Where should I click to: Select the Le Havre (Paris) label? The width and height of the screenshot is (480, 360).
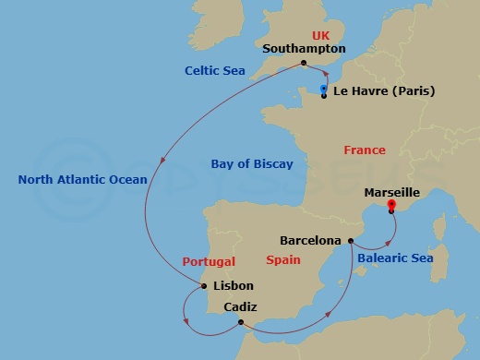tap(383, 91)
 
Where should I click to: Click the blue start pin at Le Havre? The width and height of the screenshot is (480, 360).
tap(323, 90)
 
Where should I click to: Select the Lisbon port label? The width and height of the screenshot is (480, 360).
tap(233, 286)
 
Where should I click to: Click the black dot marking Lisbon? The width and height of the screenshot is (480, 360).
tap(204, 286)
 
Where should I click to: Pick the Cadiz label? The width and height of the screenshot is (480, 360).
tap(240, 306)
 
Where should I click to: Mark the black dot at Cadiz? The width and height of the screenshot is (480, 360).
tap(240, 322)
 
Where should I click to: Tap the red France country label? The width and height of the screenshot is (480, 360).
tap(364, 150)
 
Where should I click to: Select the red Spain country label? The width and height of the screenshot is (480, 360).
tap(283, 260)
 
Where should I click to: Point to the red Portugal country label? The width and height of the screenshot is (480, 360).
tap(209, 261)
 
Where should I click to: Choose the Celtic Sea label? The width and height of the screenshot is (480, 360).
tap(214, 70)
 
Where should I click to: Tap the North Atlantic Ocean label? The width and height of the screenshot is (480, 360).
tap(82, 179)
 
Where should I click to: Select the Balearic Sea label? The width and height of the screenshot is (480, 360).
tap(394, 258)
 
